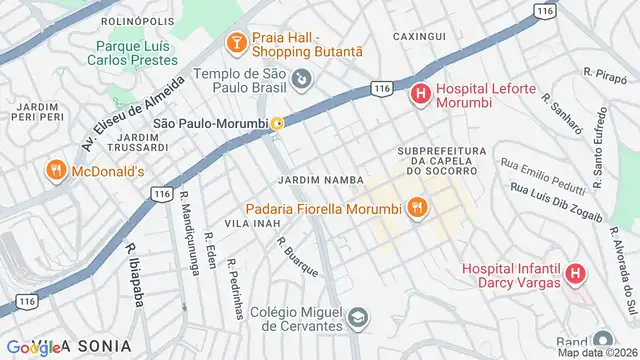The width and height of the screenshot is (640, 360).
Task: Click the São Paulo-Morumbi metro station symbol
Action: pyautogui.click(x=278, y=123)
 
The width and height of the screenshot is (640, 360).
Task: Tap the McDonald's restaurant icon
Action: pyautogui.click(x=53, y=171)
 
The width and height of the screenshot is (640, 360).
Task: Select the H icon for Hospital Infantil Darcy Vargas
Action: pyautogui.click(x=575, y=273)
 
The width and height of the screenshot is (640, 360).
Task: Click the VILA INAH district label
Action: pyautogui.click(x=251, y=223)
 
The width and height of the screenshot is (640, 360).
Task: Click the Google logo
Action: pyautogui.click(x=30, y=347)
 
